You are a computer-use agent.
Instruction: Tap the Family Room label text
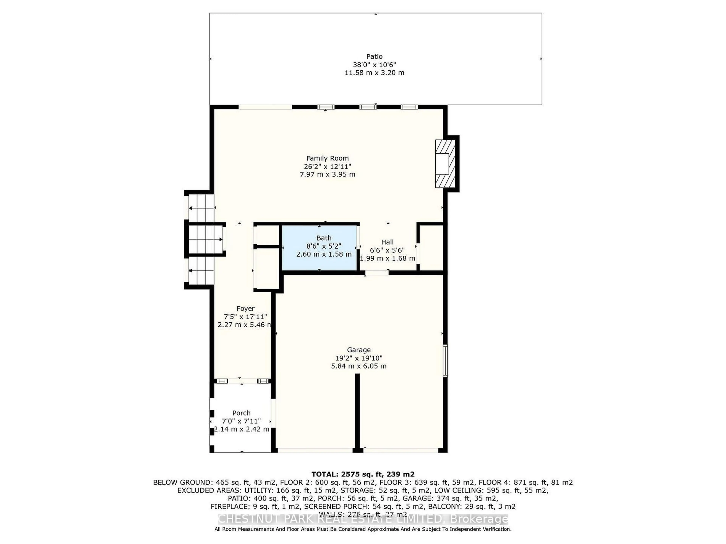pos(327,158)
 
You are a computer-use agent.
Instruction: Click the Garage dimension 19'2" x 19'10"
pos(358,358)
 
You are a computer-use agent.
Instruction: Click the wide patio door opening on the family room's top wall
pos(265,107)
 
